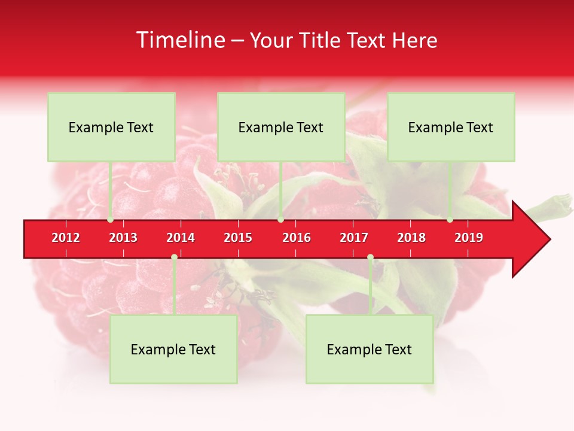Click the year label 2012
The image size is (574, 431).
[x=66, y=238]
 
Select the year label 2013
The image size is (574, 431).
[x=123, y=238]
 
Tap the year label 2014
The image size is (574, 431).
[x=181, y=238]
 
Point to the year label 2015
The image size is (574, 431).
[x=238, y=238]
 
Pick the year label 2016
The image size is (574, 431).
[x=297, y=238]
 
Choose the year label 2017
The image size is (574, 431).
[x=354, y=238]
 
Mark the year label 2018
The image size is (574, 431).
[x=411, y=238]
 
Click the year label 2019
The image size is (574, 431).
[x=469, y=238]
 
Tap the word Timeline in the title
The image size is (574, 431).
[x=180, y=40]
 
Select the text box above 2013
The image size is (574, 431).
[x=111, y=127]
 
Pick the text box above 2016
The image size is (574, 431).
[x=281, y=127]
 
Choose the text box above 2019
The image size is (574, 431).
[x=451, y=127]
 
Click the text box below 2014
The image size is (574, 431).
[x=173, y=349]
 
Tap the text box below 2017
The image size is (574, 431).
[x=370, y=349]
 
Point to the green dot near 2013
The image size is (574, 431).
[x=110, y=220]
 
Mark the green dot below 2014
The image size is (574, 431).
[x=174, y=257]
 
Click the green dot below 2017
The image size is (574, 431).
[x=370, y=257]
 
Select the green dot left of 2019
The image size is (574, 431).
[x=450, y=220]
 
